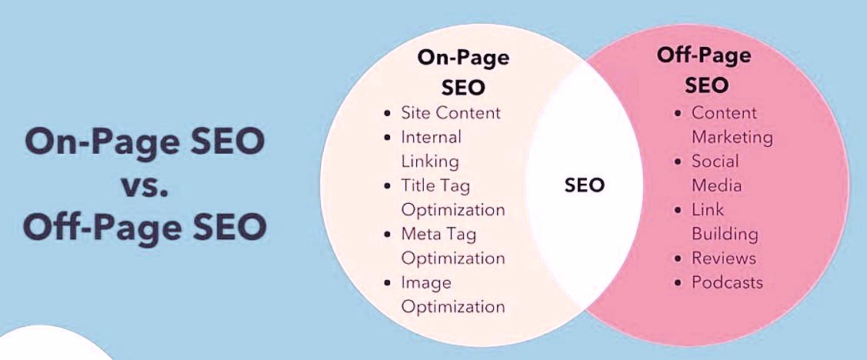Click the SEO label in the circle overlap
pos(584,185)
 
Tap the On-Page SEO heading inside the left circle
pos(463,72)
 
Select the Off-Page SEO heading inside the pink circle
pos(703,69)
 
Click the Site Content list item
pos(450,113)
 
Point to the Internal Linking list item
pos(431,149)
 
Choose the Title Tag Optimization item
pos(452,198)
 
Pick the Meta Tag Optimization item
pos(452,246)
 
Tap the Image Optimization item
pos(452,295)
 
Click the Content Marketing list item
pos(731,125)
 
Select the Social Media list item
pos(716,173)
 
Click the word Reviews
pos(723,258)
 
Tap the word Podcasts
pos(727,282)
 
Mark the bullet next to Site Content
pos(388,114)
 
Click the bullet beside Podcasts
pos(678,283)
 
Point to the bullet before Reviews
pos(678,258)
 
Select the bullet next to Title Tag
pos(388,186)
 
